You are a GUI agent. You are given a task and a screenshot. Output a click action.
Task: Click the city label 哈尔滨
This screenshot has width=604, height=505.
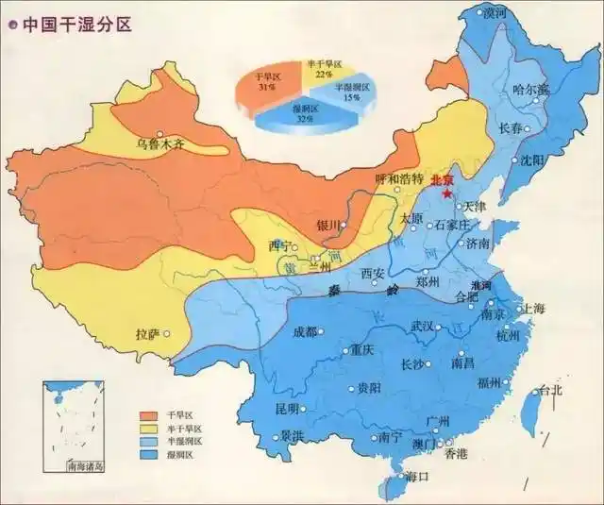pos(530,91)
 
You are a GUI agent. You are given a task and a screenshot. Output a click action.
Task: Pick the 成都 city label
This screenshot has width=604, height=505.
pos(305,331)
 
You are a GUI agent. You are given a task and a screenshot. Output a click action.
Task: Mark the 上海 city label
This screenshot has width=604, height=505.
pos(534,309)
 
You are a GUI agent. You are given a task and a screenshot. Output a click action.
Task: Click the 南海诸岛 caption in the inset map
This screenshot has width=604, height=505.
pos(85,466)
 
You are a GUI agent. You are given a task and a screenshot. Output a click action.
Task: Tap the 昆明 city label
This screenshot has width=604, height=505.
pos(286,409)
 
